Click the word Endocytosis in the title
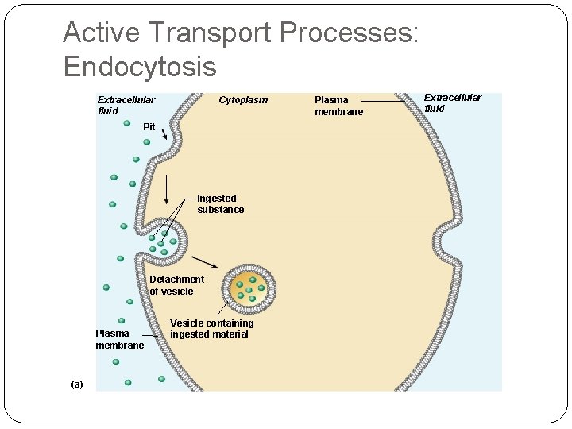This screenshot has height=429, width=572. point(140,66)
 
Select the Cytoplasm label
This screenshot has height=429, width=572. point(243,100)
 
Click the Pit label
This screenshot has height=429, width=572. point(149,127)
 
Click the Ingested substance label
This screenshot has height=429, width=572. point(220,204)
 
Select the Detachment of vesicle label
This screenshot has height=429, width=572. point(176,285)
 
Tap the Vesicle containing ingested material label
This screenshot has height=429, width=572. point(211,329)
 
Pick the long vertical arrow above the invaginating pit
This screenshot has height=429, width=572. point(166,188)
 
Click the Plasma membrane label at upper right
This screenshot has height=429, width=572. point(338,106)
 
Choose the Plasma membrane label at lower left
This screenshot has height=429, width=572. point(120,339)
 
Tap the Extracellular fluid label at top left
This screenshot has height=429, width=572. point(126,106)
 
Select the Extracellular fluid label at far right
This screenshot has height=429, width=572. point(452,103)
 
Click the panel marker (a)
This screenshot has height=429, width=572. point(76,385)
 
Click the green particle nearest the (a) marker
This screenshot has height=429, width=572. point(127,382)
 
